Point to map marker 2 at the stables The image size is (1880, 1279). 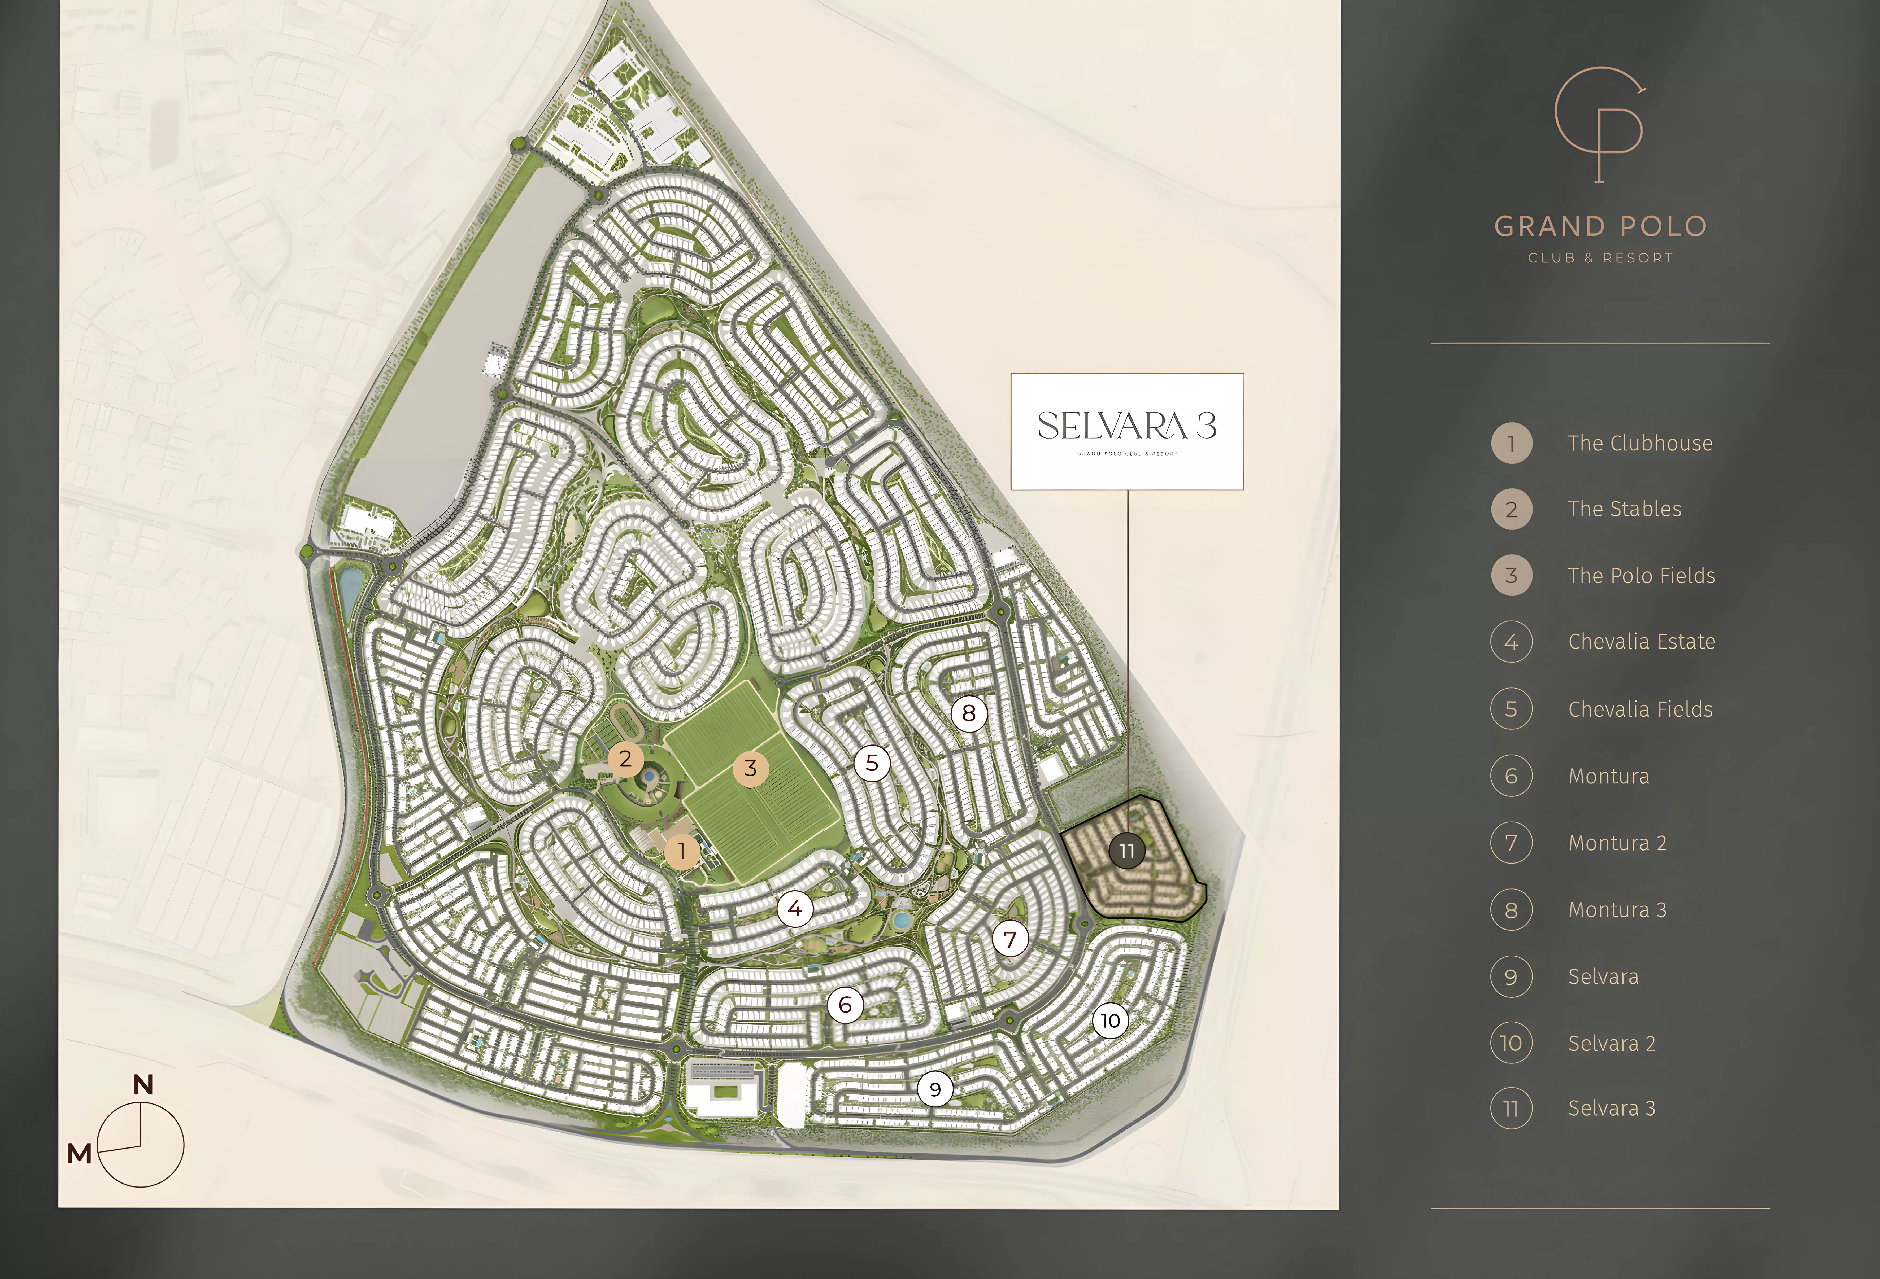[x=625, y=759]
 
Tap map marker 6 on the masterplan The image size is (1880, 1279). [x=845, y=1005]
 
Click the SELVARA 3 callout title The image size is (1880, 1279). [x=1127, y=425]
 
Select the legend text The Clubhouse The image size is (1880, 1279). [x=1640, y=443]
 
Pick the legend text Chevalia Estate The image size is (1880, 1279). [x=1641, y=642]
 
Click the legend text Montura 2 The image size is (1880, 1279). [x=1617, y=843]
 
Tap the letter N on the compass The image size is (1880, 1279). [x=143, y=1084]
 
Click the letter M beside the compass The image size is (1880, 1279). [x=79, y=1153]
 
